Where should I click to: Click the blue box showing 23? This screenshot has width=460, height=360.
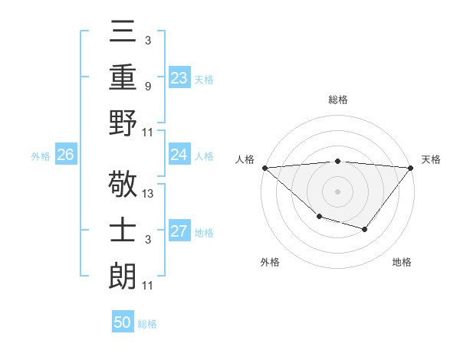point(179,77)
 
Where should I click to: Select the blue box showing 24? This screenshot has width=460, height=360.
point(179,155)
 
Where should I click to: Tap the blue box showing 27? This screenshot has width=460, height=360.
point(179,231)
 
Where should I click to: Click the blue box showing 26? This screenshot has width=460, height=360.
point(65,155)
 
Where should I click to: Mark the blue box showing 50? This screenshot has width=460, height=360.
point(123,322)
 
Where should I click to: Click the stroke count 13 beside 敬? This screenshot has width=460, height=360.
point(149,193)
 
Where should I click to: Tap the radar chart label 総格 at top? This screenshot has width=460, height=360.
point(337,100)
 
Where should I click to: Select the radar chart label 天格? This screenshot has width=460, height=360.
point(432,159)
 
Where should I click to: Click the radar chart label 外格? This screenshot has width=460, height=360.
point(270,262)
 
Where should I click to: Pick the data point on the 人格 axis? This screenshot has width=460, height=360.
point(264,167)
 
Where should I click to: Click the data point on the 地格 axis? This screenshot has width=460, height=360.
point(365,229)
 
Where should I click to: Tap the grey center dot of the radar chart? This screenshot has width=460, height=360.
point(337,191)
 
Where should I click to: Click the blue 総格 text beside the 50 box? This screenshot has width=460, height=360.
point(147,324)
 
